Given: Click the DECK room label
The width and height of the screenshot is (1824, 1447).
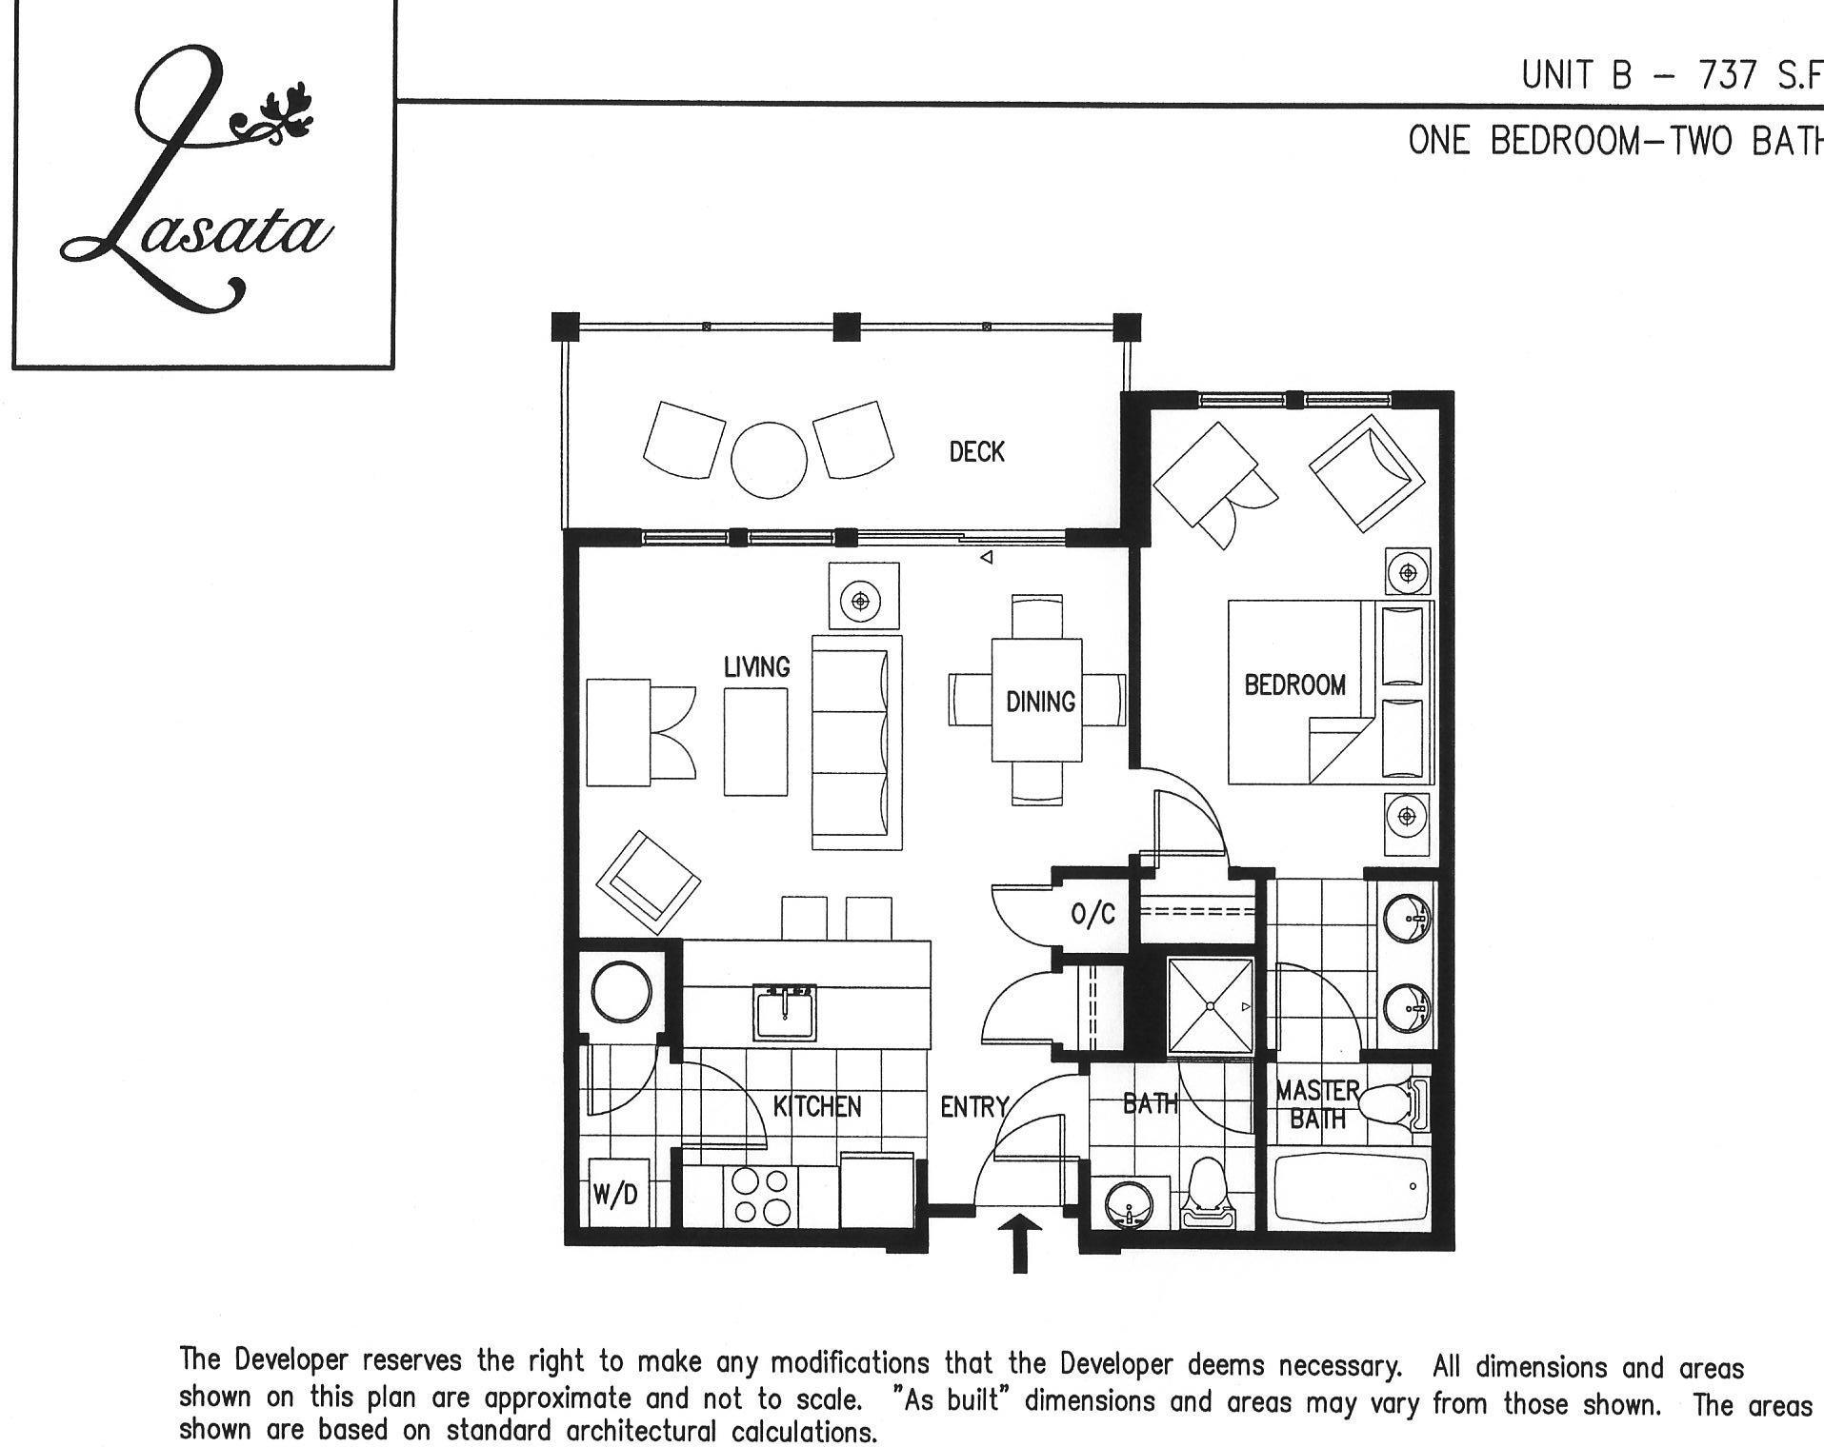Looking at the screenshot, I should pyautogui.click(x=976, y=451).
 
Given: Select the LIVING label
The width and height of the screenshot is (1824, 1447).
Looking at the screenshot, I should pyautogui.click(x=756, y=666).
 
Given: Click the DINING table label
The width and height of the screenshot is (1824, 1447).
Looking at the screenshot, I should pyautogui.click(x=1040, y=702).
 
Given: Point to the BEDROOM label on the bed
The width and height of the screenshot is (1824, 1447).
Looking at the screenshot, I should pyautogui.click(x=1294, y=684).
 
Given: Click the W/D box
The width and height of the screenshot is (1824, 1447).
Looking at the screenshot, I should pyautogui.click(x=616, y=1193).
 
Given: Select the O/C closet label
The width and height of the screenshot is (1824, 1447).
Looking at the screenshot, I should pyautogui.click(x=1092, y=915).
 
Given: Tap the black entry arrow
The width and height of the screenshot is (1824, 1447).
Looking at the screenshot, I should pyautogui.click(x=1019, y=1242).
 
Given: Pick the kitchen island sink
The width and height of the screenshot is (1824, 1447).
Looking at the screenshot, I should pyautogui.click(x=785, y=1013).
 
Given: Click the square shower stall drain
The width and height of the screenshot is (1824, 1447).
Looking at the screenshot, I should pyautogui.click(x=1211, y=1006).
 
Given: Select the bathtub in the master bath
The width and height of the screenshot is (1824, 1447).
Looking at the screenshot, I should pyautogui.click(x=1351, y=1191).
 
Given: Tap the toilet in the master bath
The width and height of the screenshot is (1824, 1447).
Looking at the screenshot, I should pyautogui.click(x=1392, y=1104).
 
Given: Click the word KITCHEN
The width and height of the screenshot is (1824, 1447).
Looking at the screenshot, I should pyautogui.click(x=816, y=1106).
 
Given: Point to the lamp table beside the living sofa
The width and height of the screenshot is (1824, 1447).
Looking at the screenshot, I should pyautogui.click(x=863, y=600).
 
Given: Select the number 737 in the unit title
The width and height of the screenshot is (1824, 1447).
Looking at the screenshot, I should pyautogui.click(x=1730, y=75).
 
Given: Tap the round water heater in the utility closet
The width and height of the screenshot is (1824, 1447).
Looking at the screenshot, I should pyautogui.click(x=622, y=993).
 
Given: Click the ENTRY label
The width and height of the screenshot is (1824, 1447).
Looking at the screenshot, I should pyautogui.click(x=973, y=1106).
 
